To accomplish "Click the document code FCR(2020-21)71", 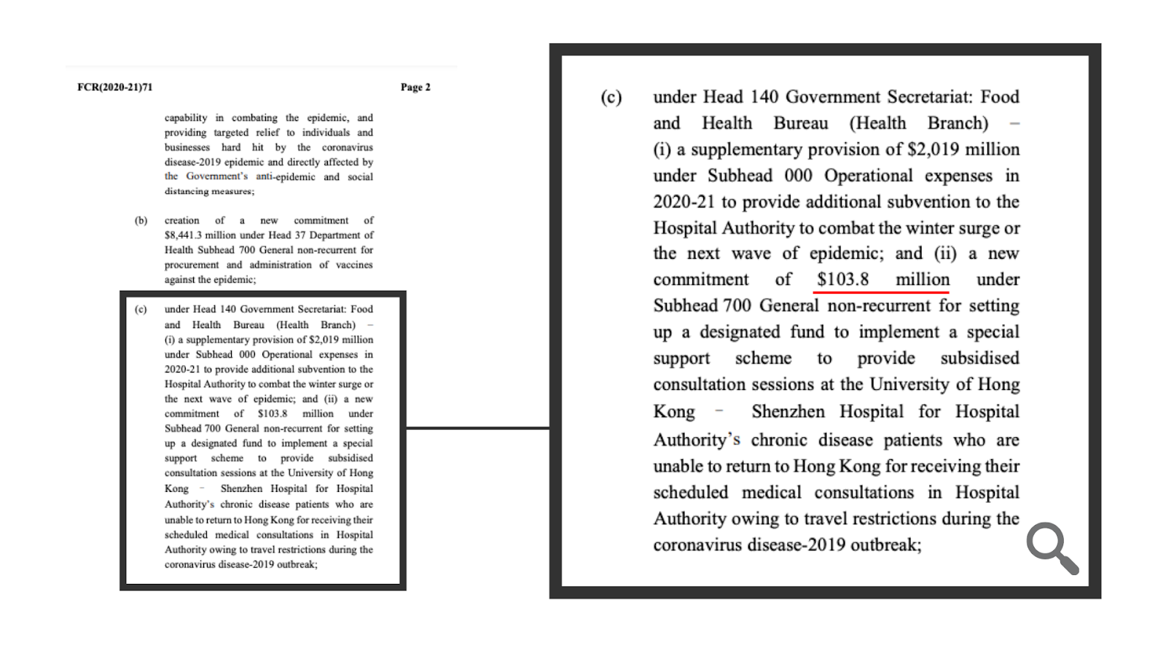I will pyautogui.click(x=115, y=87).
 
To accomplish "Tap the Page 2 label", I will pyautogui.click(x=415, y=87).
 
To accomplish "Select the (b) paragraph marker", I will pyautogui.click(x=141, y=220).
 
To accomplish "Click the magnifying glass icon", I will pyautogui.click(x=1052, y=547).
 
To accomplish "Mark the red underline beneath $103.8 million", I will pyautogui.click(x=880, y=292).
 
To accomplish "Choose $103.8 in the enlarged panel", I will pyautogui.click(x=842, y=280).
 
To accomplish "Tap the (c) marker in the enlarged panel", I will pyautogui.click(x=611, y=98).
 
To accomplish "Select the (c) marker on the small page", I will pyautogui.click(x=141, y=309).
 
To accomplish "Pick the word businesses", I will pyautogui.click(x=187, y=147).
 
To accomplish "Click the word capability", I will pyautogui.click(x=186, y=117).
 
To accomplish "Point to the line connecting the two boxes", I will pyautogui.click(x=477, y=429).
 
